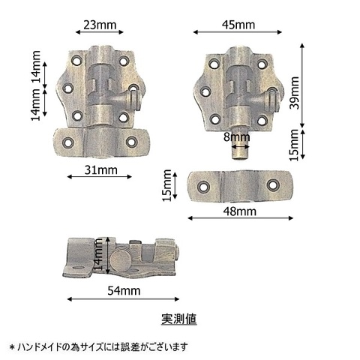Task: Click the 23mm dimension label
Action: click(x=100, y=25)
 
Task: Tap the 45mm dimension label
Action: click(x=238, y=25)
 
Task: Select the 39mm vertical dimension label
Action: click(x=294, y=93)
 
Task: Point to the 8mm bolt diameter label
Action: click(x=236, y=137)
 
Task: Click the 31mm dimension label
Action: click(x=100, y=170)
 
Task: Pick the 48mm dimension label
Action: click(x=240, y=211)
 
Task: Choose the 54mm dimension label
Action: click(x=124, y=291)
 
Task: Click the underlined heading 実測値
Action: click(x=179, y=319)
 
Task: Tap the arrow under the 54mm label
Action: click(x=124, y=299)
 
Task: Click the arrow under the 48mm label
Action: click(x=240, y=218)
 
